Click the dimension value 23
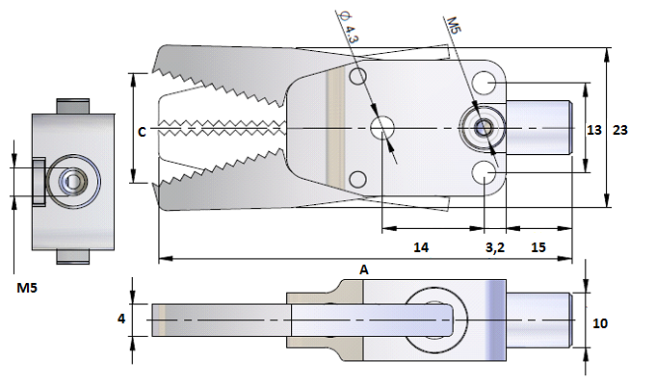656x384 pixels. coord(620,130)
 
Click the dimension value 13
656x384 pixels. coord(593,130)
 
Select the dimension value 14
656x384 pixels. coord(421,247)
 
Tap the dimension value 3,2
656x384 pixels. coord(495,247)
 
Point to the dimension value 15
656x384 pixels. coord(538,247)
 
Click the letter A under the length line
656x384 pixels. coord(364,269)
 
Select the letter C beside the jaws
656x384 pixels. coord(143,132)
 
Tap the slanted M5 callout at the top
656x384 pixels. coord(454,25)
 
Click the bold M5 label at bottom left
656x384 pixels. coord(27,288)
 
